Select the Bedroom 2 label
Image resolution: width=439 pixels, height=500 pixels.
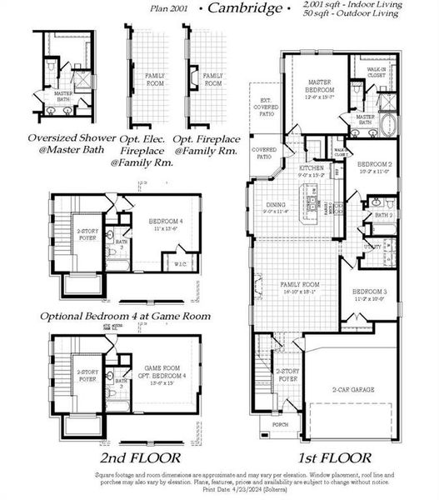coord(374,165)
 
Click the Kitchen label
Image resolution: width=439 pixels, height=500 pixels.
coord(311,168)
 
